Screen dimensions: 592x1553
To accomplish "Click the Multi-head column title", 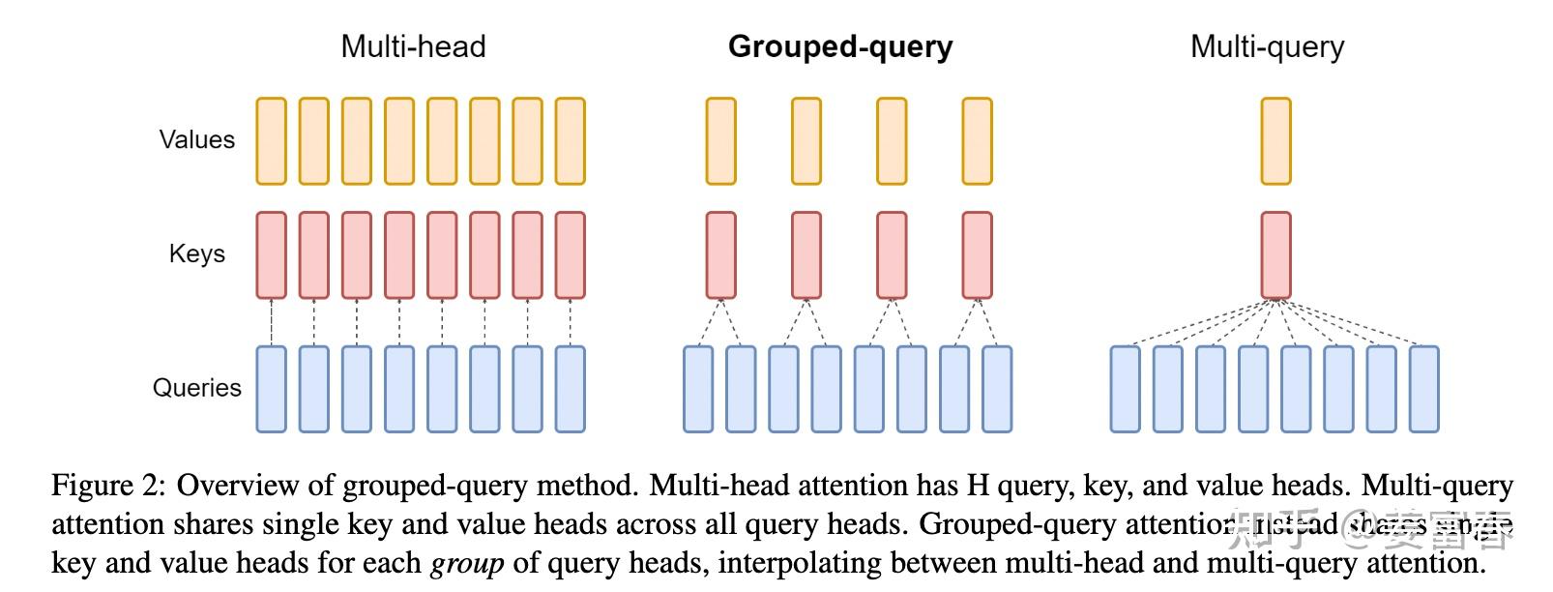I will (413, 46).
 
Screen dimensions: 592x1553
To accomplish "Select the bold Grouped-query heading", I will (839, 46).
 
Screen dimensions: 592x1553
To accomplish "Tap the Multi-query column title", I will (1267, 46).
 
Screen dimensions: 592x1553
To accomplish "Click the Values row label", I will (197, 139).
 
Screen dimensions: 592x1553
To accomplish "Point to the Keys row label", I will (197, 253).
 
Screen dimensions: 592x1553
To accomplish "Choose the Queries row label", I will (197, 388).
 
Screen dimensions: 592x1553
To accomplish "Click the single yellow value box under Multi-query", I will (1275, 141).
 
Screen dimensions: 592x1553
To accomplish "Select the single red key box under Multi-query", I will (1275, 255).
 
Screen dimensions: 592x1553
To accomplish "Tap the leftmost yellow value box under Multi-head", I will (271, 141).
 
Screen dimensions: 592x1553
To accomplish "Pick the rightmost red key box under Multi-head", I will (571, 255).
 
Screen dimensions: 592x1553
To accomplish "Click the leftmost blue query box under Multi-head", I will (271, 389).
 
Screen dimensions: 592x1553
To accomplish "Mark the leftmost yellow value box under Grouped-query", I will (720, 141).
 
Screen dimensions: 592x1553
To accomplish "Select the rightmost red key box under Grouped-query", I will (977, 255).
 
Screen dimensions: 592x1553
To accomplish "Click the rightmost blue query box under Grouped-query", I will (997, 389).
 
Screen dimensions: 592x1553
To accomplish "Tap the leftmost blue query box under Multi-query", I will (1125, 389).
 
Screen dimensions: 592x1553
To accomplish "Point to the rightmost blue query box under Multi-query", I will (1423, 389).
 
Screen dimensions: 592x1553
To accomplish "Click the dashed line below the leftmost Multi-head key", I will (272, 322).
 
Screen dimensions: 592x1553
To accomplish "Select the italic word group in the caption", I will (467, 563).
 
